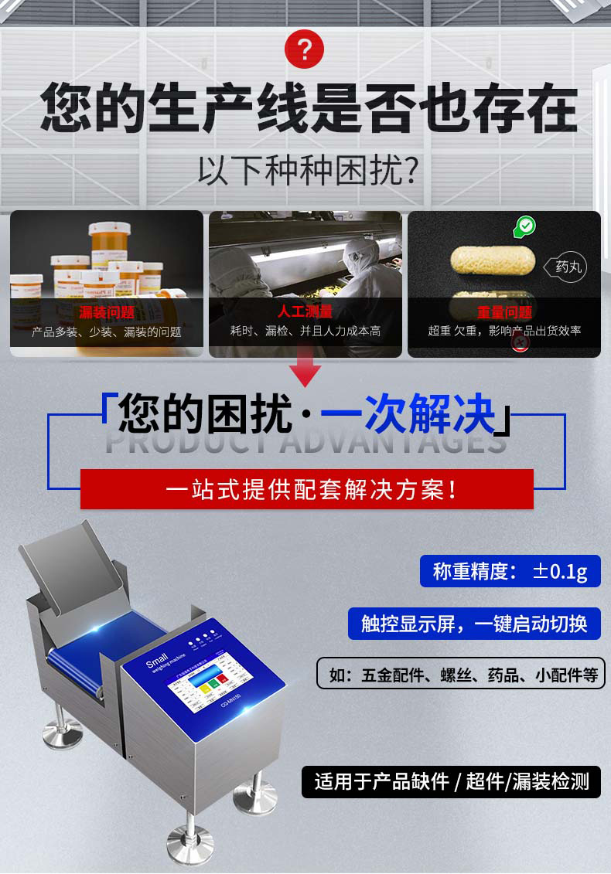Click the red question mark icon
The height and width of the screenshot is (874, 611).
(x=305, y=50)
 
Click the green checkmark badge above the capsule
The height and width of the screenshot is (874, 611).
(x=525, y=226)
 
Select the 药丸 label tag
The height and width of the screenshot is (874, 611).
(x=567, y=267)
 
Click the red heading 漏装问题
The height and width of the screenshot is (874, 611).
(x=107, y=313)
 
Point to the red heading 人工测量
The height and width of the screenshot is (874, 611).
(x=305, y=312)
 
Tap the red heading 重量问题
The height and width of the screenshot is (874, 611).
(x=504, y=313)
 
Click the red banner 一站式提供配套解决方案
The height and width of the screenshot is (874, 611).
(x=306, y=489)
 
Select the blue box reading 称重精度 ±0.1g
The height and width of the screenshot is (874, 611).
(x=510, y=571)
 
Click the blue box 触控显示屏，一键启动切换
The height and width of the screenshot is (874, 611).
(x=474, y=623)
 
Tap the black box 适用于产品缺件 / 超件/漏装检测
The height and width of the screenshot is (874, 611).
(x=451, y=781)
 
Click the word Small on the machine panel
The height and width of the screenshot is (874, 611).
(x=157, y=664)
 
